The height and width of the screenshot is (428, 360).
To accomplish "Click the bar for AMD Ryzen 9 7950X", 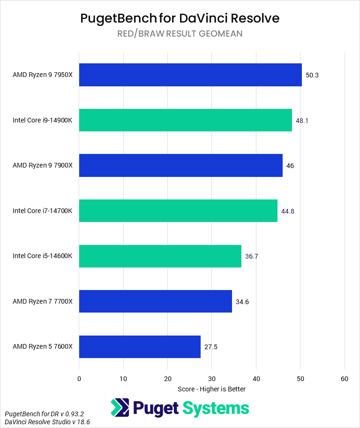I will coord(190,75).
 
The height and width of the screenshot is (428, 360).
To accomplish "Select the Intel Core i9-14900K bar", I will coord(185,120).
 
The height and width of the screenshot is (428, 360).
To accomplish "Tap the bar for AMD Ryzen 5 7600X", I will coord(140,347).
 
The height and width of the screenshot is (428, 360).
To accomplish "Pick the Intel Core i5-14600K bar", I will coord(160,256).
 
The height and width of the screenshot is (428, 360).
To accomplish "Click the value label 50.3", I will coord(312,75).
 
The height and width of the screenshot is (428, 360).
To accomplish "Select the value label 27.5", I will coord(211,347).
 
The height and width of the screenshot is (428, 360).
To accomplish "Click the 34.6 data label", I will coord(242,302).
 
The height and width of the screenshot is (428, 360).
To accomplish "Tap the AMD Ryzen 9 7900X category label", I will coord(43,166).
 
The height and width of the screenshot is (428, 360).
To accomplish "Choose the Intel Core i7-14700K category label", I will coord(43,211).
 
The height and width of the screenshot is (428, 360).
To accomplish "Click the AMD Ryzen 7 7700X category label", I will coord(43,301).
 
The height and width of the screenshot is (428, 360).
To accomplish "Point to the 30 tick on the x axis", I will coord(212,379).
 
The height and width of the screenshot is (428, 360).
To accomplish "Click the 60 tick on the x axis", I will coord(345,379).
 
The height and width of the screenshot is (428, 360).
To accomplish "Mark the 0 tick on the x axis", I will coord(79,379).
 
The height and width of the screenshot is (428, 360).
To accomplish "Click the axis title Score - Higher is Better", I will coord(212,389).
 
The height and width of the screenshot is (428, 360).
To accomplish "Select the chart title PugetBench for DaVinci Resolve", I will coord(180,18).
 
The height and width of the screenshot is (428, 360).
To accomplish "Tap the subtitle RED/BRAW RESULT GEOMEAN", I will coord(180,34).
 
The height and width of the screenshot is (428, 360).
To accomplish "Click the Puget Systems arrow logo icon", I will coord(120,408).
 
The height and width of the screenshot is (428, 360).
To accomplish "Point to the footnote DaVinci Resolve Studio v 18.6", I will coord(47,422).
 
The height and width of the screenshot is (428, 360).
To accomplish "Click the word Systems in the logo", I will coord(215,408).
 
